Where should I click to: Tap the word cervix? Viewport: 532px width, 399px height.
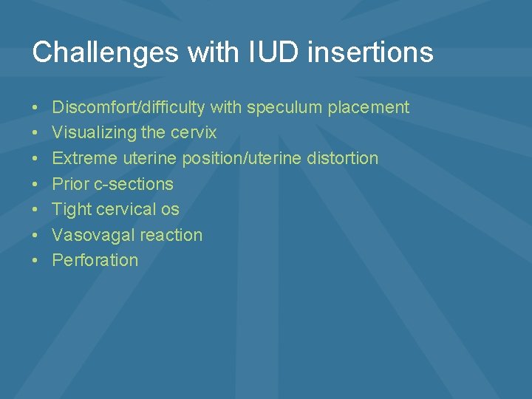point(194,133)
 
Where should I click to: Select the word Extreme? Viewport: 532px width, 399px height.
point(84,158)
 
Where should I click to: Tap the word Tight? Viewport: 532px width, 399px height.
point(71,209)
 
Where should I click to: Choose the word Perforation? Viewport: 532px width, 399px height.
point(95,260)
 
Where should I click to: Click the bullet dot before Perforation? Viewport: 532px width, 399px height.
point(36,261)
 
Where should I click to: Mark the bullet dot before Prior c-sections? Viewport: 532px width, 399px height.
point(36,185)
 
